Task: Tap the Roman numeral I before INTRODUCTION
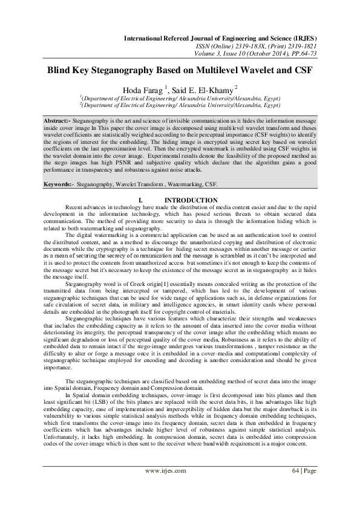[x=140, y=200]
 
